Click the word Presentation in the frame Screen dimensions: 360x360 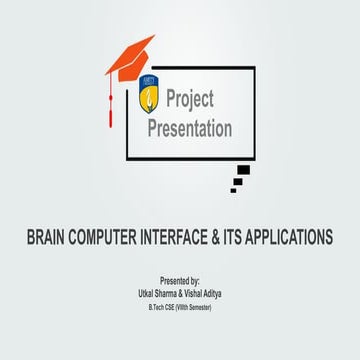190,129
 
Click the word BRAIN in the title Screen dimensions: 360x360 49,239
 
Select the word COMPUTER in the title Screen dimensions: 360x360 116,239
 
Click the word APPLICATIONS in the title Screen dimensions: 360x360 304,239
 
